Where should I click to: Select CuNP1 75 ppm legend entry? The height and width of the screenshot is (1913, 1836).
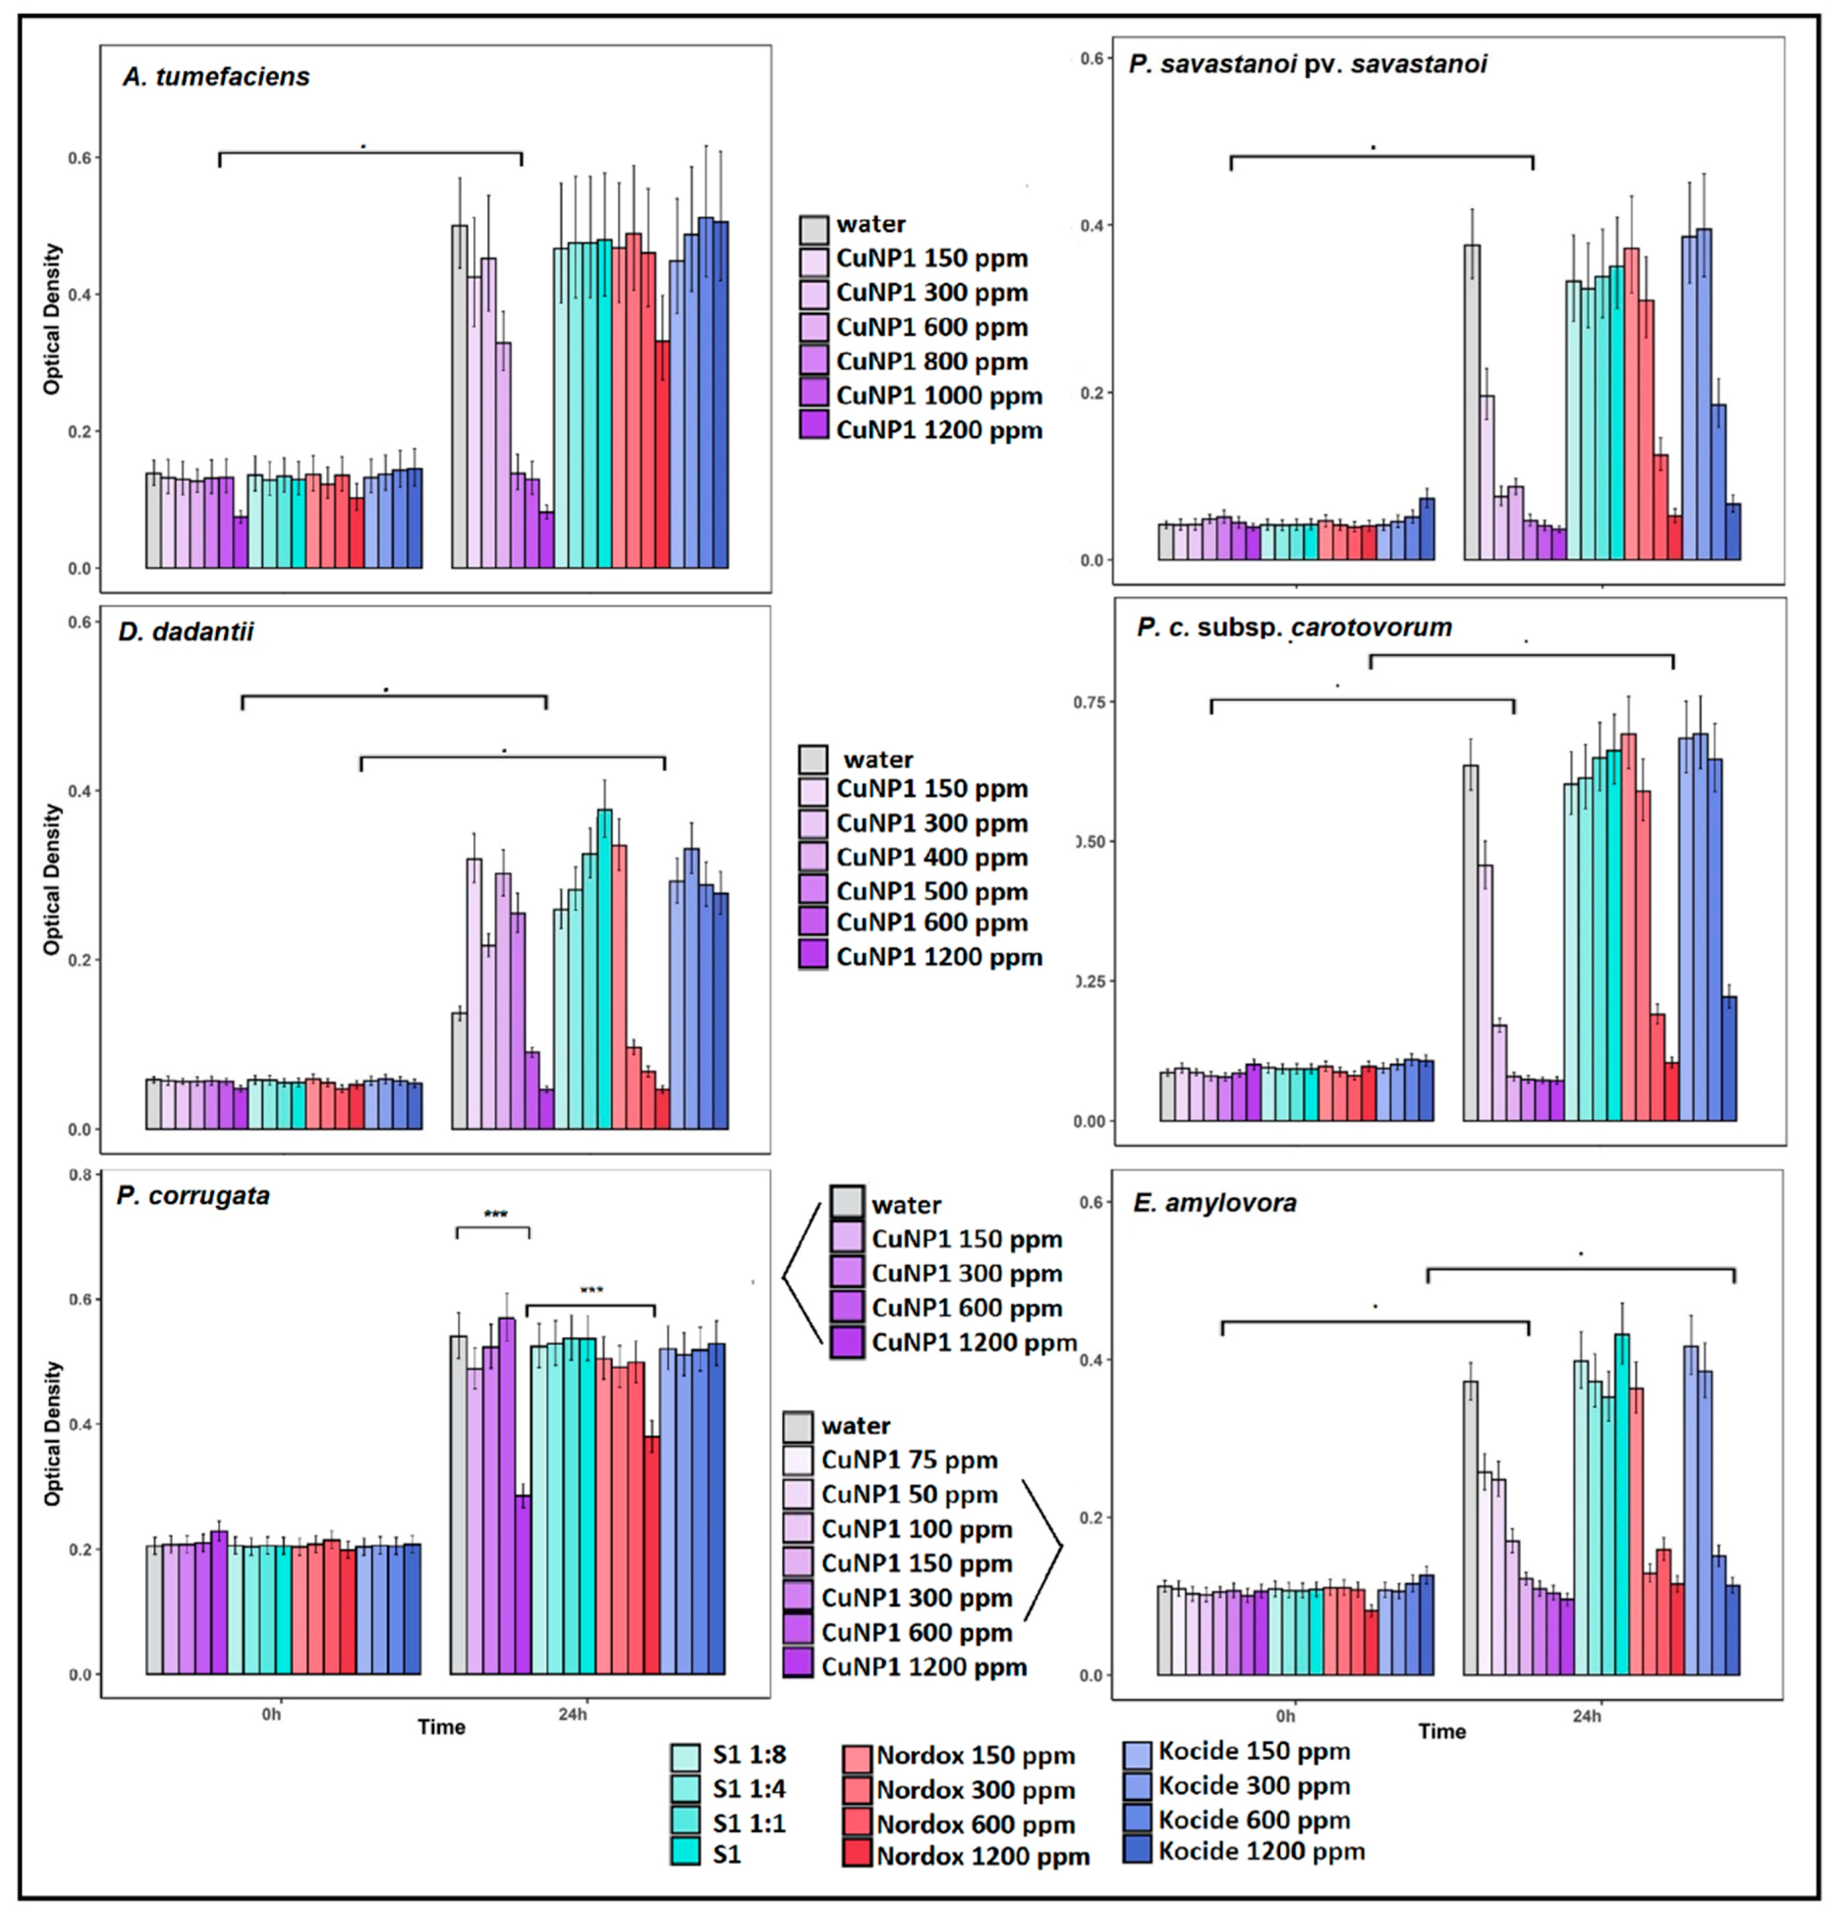(908, 1460)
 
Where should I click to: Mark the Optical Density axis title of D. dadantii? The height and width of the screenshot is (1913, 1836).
(52, 879)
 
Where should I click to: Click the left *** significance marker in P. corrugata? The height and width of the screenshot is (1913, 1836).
(495, 1215)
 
